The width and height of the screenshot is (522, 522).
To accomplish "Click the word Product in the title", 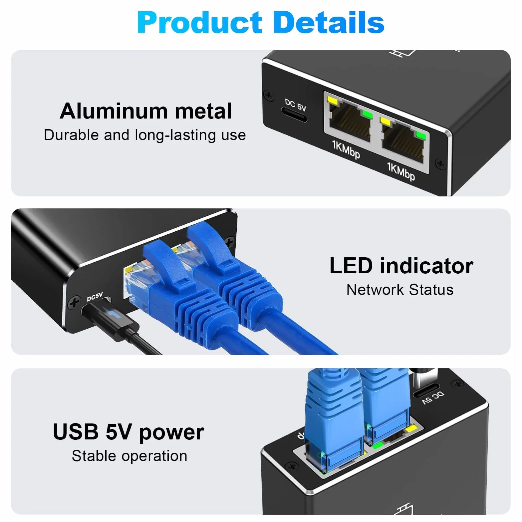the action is click(x=200, y=22).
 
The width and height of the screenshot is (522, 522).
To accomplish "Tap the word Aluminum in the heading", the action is click(x=114, y=111).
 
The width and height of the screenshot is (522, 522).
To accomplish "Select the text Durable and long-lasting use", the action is click(x=145, y=135).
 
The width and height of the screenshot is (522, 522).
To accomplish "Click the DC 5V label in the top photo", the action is click(x=295, y=105).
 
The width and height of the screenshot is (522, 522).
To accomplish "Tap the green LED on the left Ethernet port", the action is click(x=368, y=114).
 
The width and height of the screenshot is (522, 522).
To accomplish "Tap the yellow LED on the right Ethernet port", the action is click(x=386, y=121).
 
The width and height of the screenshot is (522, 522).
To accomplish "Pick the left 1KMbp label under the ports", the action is click(x=346, y=149).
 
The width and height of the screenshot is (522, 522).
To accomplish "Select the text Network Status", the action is click(x=400, y=290).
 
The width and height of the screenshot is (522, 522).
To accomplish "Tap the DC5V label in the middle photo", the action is click(x=95, y=296).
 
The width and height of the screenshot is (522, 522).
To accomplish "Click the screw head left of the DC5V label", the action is click(x=74, y=303).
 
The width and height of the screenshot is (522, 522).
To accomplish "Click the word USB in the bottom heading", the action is click(x=76, y=432).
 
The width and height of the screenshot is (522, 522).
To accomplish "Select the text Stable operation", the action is click(x=130, y=456).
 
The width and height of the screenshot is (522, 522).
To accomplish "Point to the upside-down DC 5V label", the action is click(x=433, y=398).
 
